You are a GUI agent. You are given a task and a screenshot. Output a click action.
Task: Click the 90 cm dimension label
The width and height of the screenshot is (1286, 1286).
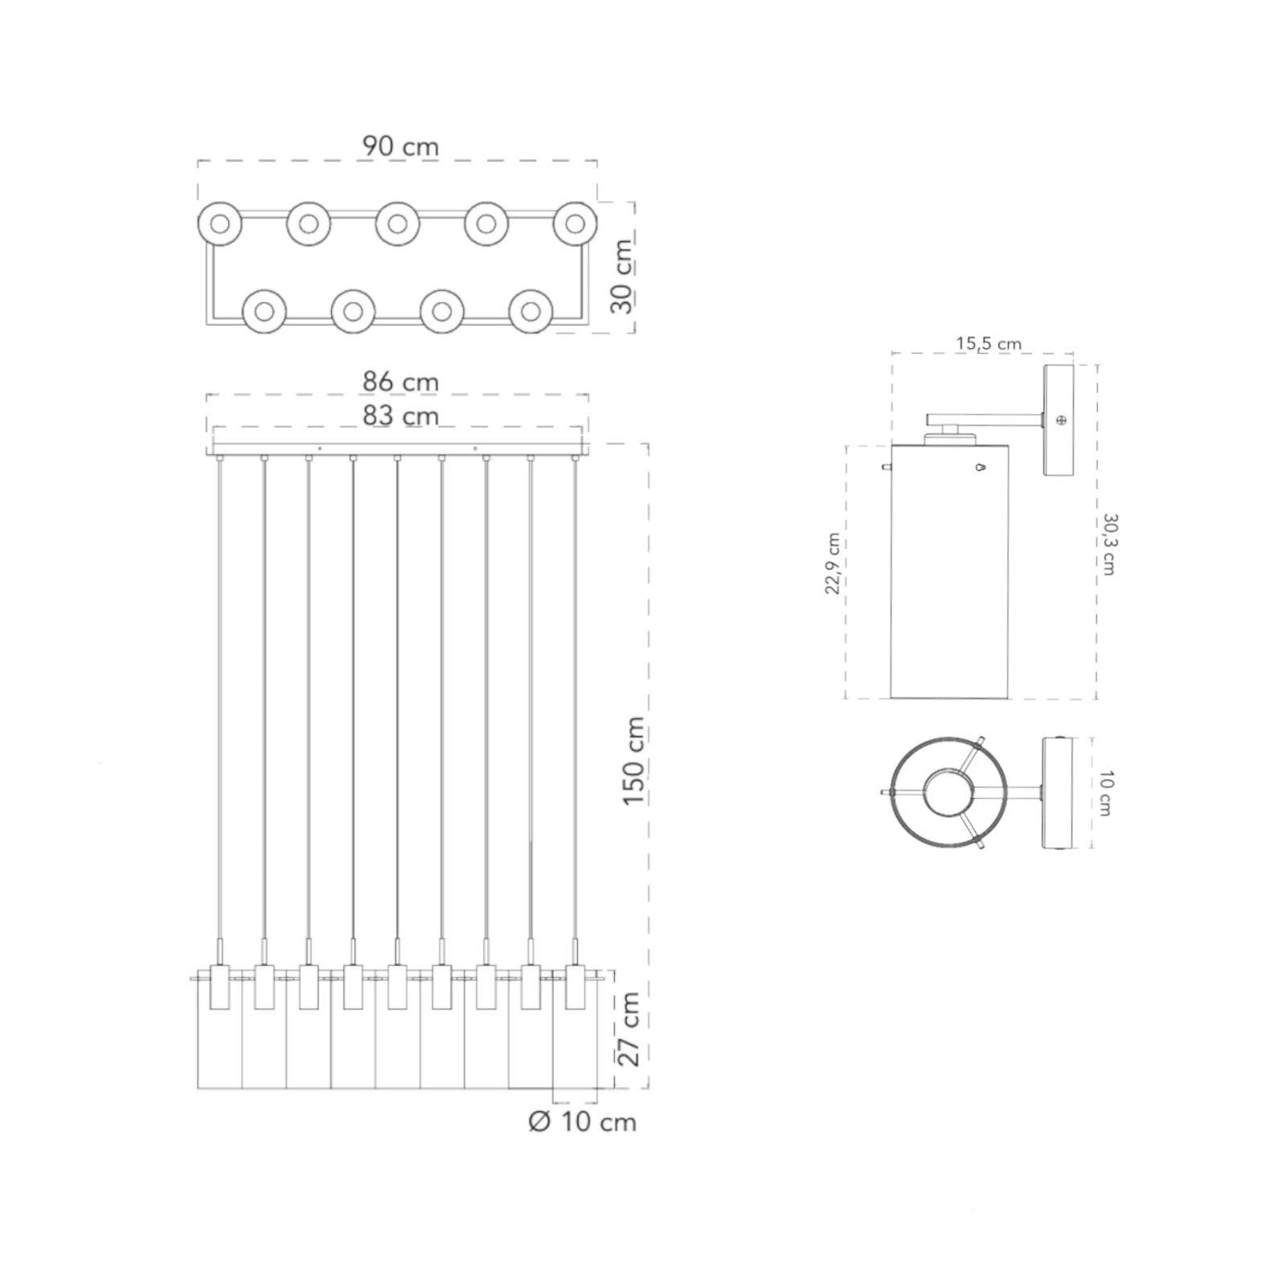[x=400, y=146]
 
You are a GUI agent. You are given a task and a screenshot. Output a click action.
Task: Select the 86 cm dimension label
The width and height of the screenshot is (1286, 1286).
[x=400, y=381]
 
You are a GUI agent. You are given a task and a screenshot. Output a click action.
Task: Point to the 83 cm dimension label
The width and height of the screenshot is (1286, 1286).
[x=400, y=416]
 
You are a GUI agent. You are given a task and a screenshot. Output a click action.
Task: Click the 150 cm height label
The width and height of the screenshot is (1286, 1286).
[x=633, y=762]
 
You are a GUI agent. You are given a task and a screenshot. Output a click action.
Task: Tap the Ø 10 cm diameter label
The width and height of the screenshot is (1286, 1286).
[x=583, y=1122]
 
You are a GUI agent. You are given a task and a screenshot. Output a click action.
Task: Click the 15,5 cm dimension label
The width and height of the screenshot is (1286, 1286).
[x=989, y=343]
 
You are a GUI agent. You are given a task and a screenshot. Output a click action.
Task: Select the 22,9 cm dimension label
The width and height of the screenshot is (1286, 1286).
[x=833, y=563]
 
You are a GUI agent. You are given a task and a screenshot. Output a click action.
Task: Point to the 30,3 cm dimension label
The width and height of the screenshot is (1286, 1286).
[x=1109, y=544]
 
